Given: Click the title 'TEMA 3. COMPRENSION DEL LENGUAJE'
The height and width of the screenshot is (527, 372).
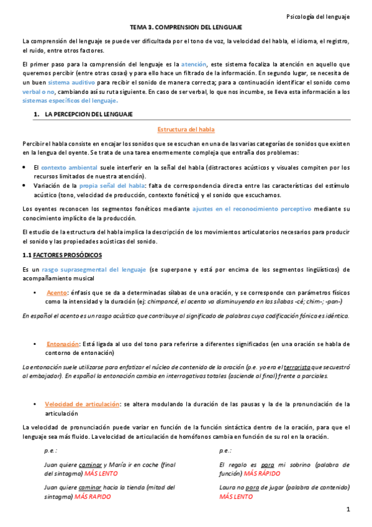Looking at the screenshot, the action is [186, 28].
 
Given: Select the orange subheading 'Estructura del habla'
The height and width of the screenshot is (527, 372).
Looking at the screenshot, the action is [186, 129].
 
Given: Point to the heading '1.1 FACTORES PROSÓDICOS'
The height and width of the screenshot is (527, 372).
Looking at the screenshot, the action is [61, 255].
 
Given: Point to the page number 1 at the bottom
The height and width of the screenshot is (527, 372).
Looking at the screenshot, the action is [348, 510].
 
